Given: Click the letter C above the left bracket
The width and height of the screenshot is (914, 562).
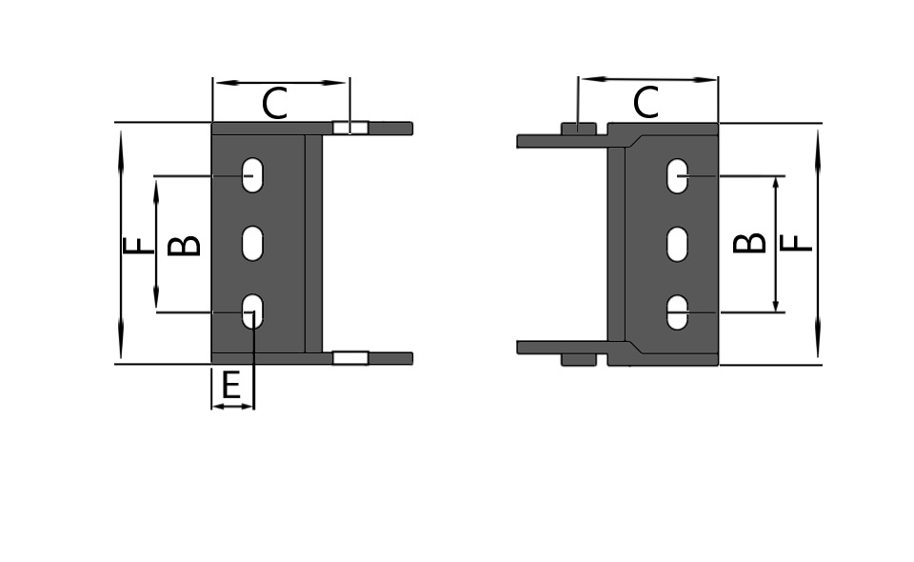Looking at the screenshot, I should tap(274, 104).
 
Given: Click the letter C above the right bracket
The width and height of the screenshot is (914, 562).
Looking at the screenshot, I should tap(646, 102).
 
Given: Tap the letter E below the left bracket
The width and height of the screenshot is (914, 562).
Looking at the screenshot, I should tap(230, 386).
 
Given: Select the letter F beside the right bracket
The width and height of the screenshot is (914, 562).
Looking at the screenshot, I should tap(797, 244).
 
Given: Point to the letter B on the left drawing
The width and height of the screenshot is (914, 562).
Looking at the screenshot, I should tap(185, 245).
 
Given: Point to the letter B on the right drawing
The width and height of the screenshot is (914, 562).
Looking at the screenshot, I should tap(750, 243).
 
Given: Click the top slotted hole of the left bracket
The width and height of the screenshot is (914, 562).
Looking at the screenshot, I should tap(252, 175).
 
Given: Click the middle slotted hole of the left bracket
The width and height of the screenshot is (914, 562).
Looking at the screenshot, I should tap(252, 244).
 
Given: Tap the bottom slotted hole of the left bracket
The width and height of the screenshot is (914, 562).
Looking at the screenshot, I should tap(252, 311).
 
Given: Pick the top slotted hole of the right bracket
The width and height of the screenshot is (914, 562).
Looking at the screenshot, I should tap(677, 176).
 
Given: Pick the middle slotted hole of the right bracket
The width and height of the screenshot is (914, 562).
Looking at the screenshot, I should tap(677, 244).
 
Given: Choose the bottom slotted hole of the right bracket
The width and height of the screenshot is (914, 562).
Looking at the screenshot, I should tap(677, 312).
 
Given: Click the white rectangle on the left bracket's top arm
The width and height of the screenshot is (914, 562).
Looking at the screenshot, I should tap(350, 128).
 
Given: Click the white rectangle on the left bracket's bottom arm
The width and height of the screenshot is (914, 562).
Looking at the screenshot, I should tap(350, 358).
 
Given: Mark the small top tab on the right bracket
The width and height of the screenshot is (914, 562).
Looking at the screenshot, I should tap(578, 129).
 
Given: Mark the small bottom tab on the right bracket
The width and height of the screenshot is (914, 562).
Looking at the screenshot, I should tap(578, 359).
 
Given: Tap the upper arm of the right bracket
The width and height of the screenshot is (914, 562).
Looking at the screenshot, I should tap(562, 141).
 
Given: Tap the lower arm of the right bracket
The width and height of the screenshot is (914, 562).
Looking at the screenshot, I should tap(562, 347).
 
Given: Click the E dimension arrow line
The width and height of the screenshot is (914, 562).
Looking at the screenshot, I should tap(232, 407).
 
